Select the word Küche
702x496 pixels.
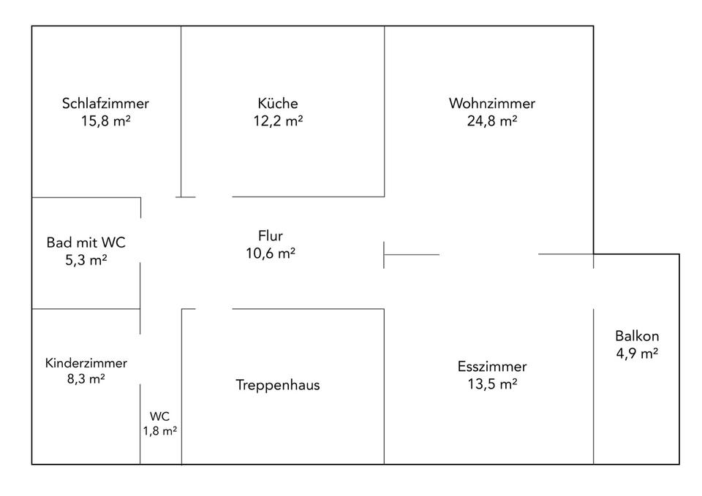click(278, 103)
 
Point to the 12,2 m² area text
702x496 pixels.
click(278, 121)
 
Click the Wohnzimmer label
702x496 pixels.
click(492, 103)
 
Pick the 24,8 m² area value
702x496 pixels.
click(492, 121)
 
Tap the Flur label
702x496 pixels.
click(270, 236)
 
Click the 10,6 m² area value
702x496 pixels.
click(270, 253)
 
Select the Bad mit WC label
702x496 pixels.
click(80, 242)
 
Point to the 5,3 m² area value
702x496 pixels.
click(80, 259)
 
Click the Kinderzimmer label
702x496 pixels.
click(86, 363)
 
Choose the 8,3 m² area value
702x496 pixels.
click(86, 379)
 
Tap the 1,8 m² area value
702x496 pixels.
click(160, 431)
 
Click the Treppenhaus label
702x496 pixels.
click(278, 385)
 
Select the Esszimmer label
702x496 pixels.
click(492, 367)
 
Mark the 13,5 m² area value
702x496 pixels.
click(492, 384)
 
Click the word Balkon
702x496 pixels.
click(637, 337)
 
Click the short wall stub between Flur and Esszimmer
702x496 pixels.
click(411, 255)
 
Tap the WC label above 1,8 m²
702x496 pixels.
click(160, 416)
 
